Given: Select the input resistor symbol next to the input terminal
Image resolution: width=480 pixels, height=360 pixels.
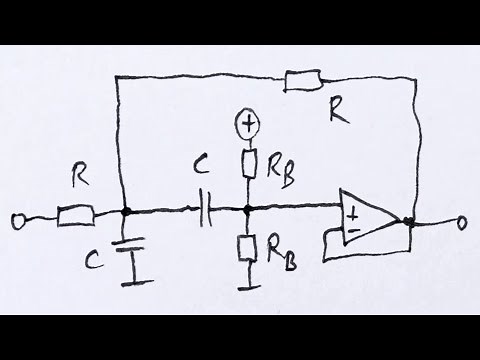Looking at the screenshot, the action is pos(75,212).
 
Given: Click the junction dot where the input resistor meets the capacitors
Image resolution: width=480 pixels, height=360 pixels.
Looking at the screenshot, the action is pos(127,212).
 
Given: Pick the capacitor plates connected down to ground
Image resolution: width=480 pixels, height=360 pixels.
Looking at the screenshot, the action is pos(127,245).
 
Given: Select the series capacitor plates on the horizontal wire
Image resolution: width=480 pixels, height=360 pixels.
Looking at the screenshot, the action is pos(206,212).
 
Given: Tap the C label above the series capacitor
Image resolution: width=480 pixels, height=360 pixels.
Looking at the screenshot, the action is pos(200,182).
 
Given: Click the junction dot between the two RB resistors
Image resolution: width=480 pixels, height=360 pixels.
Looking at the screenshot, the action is pos(247,212).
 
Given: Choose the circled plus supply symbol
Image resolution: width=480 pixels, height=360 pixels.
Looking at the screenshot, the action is pos(246,124).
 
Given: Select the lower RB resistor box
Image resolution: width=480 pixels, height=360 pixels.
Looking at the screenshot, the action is pos(247,246).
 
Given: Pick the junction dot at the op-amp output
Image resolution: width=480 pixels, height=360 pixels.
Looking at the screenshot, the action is pos(409,221).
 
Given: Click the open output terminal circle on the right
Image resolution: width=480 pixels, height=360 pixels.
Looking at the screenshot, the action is pos(462,222).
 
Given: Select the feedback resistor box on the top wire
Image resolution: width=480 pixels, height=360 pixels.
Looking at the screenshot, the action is pos(302,77).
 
